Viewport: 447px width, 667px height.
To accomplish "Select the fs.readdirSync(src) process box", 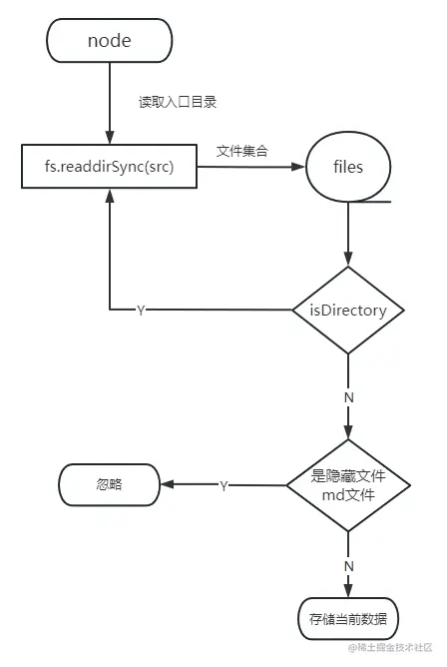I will [109, 167].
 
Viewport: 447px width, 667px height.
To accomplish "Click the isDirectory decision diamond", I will [347, 311].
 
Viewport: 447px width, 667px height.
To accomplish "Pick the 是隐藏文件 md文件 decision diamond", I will [348, 486].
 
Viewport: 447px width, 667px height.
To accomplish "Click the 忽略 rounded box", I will [109, 485].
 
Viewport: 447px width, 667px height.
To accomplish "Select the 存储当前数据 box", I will [348, 618].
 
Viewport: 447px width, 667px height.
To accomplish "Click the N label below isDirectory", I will [348, 395].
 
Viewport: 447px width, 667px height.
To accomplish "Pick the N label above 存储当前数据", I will [348, 565].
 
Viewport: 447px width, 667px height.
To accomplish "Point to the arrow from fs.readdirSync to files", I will [249, 167].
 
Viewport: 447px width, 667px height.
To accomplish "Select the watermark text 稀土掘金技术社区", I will [395, 650].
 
